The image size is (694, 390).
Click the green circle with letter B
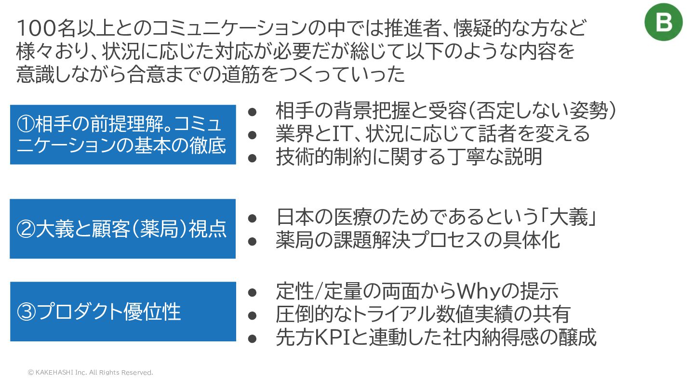(x=663, y=22)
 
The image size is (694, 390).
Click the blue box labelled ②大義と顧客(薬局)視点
(x=122, y=229)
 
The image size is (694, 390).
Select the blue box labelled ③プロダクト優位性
(x=122, y=312)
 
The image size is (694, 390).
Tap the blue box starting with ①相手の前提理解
(x=122, y=134)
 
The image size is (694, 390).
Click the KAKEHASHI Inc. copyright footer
(x=90, y=373)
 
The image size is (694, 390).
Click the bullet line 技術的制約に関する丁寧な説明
(x=409, y=156)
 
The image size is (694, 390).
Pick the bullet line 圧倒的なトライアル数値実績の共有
(x=423, y=314)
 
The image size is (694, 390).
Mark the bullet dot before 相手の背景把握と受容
(x=252, y=112)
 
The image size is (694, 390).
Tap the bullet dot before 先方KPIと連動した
(x=252, y=338)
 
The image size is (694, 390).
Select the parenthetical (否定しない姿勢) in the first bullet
(x=542, y=111)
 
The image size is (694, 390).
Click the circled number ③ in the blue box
(x=27, y=312)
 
